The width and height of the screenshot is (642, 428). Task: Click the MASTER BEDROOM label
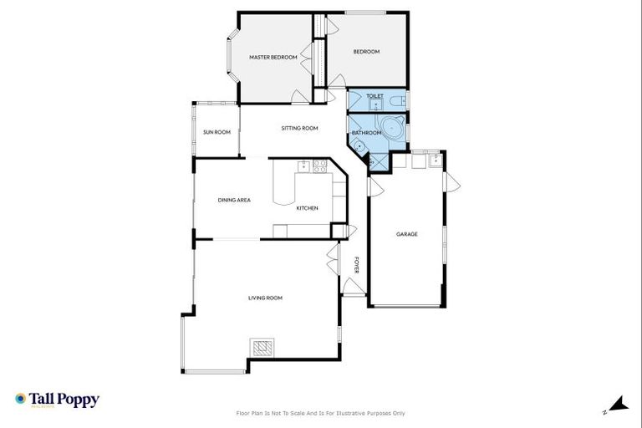273,57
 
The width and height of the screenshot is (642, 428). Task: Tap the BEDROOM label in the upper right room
366,52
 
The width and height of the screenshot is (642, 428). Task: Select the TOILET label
374,96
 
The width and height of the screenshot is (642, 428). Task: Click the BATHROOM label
366,133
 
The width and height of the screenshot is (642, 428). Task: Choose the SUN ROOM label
217,132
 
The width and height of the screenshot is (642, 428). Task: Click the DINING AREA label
234,200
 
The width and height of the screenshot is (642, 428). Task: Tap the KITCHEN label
307,207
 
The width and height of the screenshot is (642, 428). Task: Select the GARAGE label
407,234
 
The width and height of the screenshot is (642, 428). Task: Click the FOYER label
356,265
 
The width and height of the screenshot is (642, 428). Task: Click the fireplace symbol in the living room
262,347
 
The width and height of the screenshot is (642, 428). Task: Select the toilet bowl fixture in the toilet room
400,101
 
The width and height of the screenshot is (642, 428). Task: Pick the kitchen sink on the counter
304,166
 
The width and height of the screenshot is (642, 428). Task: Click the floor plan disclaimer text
321,413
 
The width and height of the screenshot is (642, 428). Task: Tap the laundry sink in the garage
434,160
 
